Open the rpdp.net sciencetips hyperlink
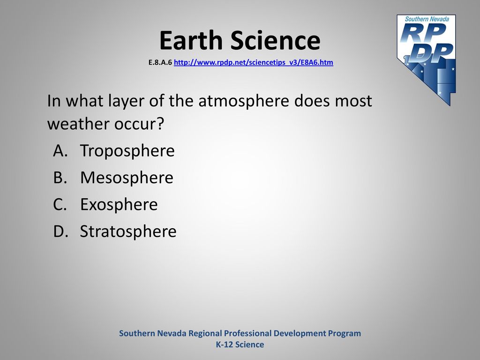tap(254, 62)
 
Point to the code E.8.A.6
tap(160, 62)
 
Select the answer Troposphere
tap(127, 151)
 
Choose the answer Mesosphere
tap(127, 178)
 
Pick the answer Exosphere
tap(119, 204)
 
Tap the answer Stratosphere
tap(128, 232)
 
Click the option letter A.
tap(60, 150)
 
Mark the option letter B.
tap(60, 178)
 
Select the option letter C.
tap(60, 204)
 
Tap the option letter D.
tap(60, 231)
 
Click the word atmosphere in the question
tap(244, 101)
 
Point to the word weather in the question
tap(78, 124)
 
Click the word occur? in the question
tap(139, 124)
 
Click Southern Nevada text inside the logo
tap(427, 19)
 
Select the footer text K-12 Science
tap(240, 345)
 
